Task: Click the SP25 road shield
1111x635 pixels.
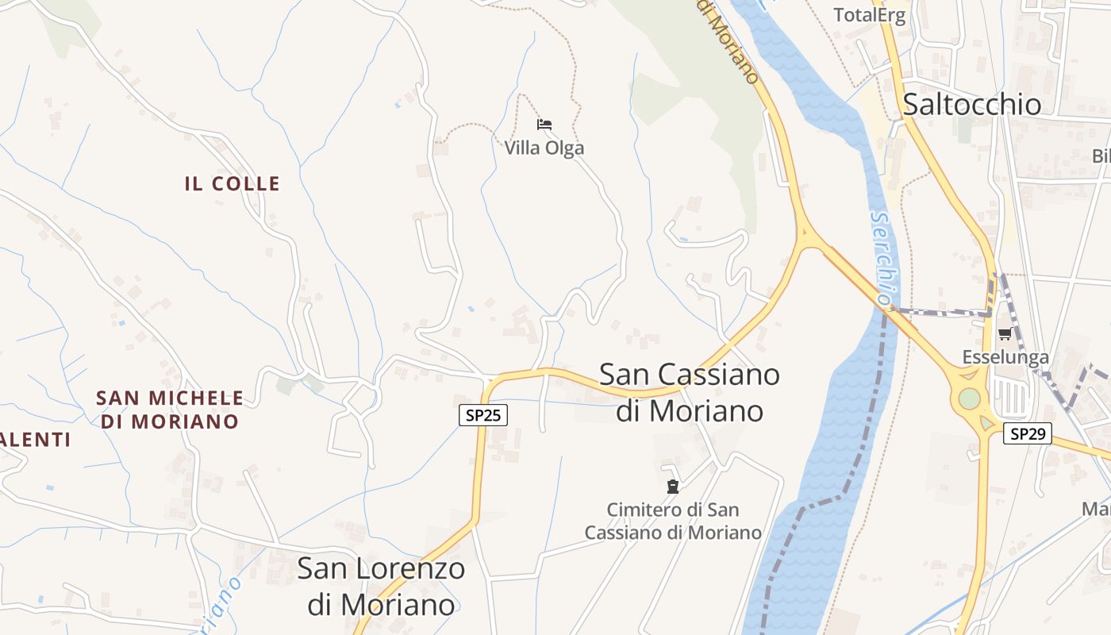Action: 482,415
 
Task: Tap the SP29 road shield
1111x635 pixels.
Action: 1027,433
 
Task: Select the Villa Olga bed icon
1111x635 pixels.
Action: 544,125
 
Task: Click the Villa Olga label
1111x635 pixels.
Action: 544,148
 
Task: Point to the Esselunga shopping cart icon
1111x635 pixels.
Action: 1005,334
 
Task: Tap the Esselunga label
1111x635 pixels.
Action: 1005,357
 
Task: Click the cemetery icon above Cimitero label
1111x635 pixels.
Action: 673,487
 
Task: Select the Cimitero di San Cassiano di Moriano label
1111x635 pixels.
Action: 673,521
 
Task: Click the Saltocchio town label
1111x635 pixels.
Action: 972,104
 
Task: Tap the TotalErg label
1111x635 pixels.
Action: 869,15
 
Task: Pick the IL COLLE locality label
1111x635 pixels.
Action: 233,183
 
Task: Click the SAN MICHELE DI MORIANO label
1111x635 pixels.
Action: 170,410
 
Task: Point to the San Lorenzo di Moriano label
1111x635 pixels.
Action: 381,587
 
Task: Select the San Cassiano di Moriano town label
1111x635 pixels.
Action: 690,392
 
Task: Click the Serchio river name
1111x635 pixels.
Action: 882,259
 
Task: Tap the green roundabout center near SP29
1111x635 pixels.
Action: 969,398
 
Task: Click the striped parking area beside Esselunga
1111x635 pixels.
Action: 1009,394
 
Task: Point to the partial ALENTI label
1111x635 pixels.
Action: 36,440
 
